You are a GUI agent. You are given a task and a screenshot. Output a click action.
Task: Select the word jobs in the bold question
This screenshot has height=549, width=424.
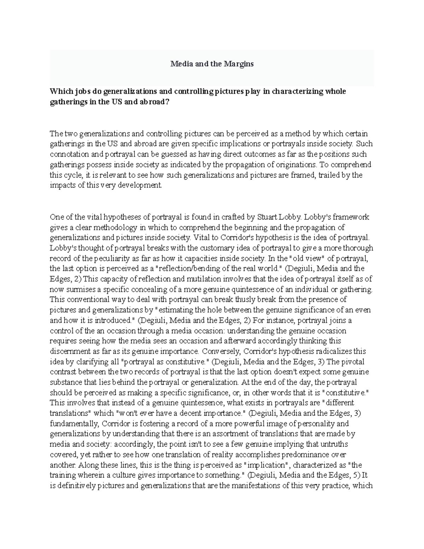(82, 92)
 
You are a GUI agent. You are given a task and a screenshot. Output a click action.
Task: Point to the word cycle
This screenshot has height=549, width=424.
(72, 175)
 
